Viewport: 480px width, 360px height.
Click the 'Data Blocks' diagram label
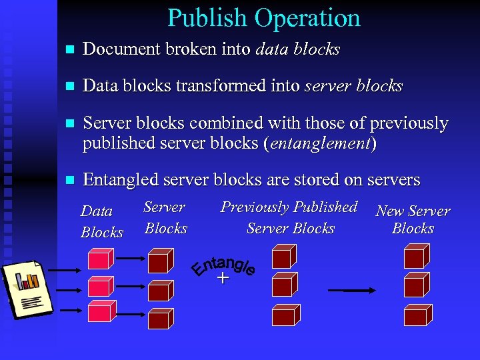[x=101, y=222]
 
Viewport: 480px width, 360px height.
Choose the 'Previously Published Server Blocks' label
[x=289, y=217]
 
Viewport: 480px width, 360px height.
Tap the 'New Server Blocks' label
[x=413, y=219]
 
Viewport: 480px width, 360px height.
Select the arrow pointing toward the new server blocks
[x=360, y=290]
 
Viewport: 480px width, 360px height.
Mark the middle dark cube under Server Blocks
[x=160, y=289]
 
